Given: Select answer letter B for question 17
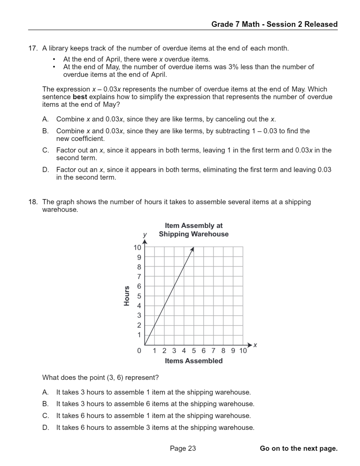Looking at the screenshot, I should click(45, 131).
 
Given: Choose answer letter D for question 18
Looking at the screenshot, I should click(45, 428).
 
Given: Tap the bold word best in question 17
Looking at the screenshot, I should click(80, 97).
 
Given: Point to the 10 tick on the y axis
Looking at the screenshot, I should click(137, 247).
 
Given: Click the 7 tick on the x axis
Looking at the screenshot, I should click(213, 351).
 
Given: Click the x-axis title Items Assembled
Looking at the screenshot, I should click(193, 361).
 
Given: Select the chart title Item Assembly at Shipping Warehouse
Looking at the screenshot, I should click(193, 230).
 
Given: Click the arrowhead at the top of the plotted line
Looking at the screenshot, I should click(192, 250).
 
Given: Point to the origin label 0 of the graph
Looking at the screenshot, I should click(139, 351).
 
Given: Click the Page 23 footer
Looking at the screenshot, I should click(183, 448).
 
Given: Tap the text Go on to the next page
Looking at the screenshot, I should click(298, 448).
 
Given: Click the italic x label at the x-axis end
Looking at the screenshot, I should click(255, 345).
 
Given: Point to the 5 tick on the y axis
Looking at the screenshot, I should click(139, 296).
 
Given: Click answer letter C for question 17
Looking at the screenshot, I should click(45, 150).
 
